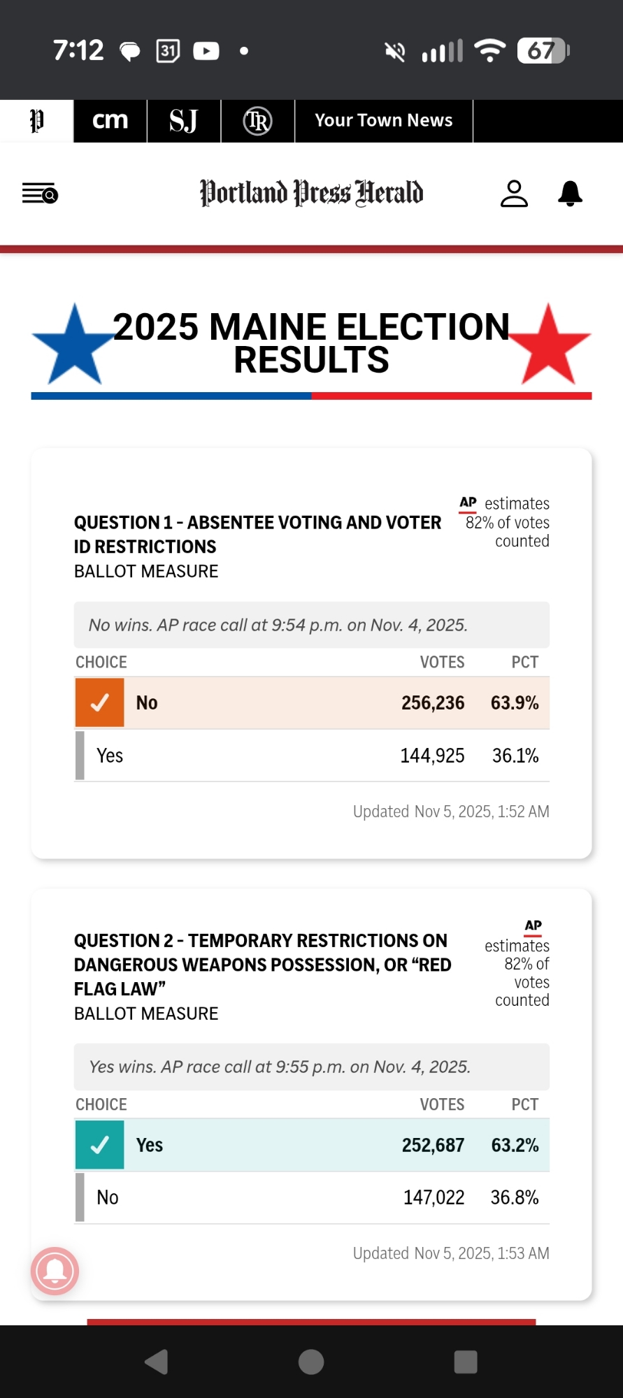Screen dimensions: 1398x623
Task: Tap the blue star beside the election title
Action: coord(74,347)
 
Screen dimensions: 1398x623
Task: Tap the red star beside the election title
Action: coord(549,347)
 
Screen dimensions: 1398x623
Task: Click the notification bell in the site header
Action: coord(570,194)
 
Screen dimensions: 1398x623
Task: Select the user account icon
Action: coord(514,194)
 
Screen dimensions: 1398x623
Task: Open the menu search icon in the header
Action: coord(40,193)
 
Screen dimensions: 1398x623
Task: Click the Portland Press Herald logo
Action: coord(311,193)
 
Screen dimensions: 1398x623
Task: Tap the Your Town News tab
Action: coord(383,120)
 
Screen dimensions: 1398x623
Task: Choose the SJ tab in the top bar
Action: coord(183,120)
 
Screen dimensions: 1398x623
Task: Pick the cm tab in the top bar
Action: coord(110,120)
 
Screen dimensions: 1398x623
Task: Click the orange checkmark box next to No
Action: coord(100,702)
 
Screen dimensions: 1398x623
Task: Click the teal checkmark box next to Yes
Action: coord(100,1144)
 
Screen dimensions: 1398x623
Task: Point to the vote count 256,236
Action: coord(433,702)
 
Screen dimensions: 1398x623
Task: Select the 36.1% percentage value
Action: coord(515,756)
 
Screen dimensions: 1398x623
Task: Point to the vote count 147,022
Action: coord(434,1197)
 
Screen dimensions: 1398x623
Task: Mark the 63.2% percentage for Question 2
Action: coord(515,1145)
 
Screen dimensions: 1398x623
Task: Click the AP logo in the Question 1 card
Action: coord(468,503)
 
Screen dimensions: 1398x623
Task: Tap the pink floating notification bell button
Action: coord(55,1270)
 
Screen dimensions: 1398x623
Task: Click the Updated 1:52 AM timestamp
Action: coord(451,812)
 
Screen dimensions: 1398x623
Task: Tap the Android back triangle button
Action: coord(157,1362)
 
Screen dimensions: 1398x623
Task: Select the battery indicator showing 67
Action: coord(543,50)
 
